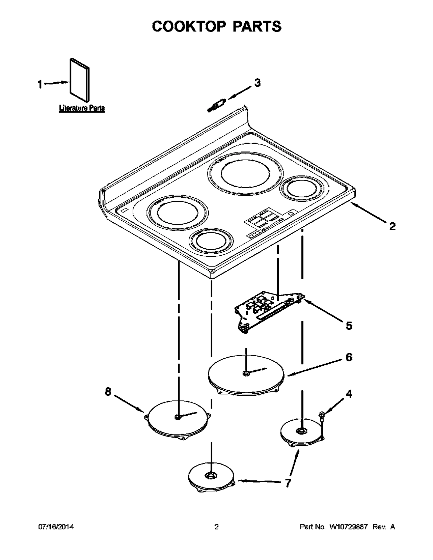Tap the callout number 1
pos(40,84)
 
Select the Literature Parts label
pos(82,108)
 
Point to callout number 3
pos(257,83)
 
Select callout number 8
pos(108,392)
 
